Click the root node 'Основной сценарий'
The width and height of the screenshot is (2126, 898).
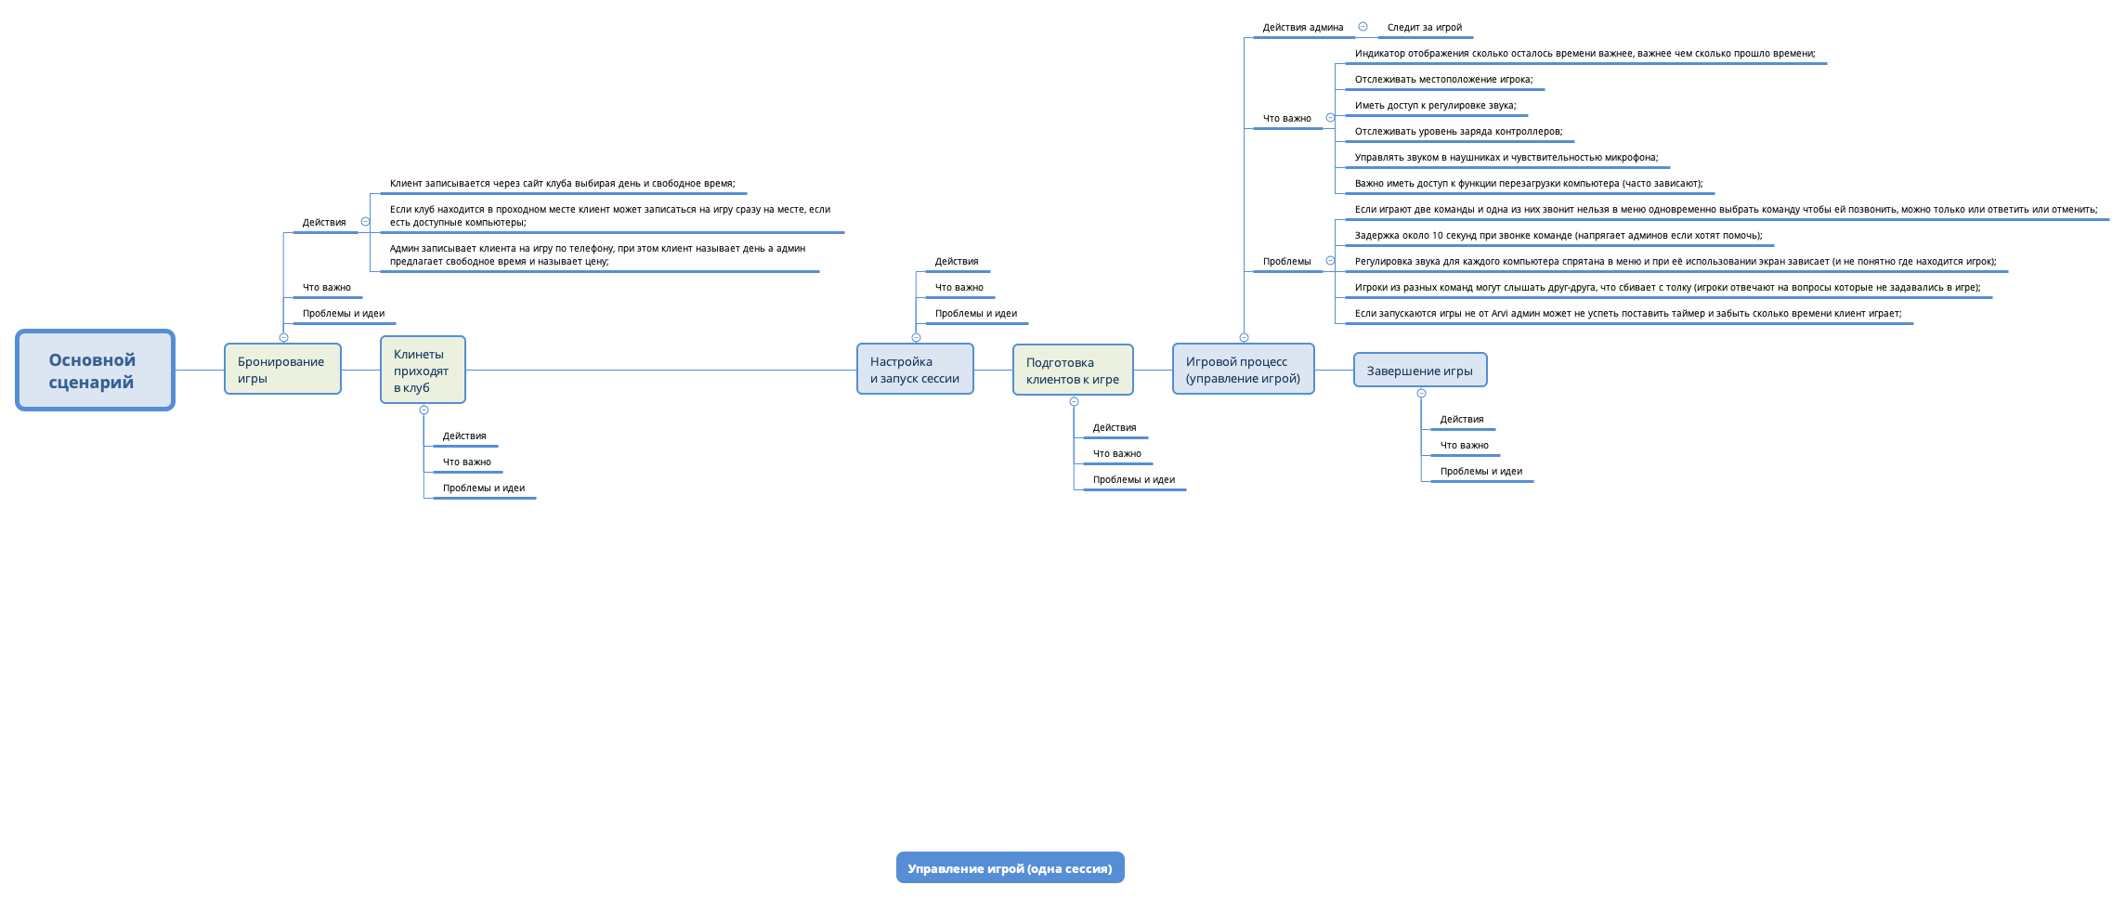[95, 371]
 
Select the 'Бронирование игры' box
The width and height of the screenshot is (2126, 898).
[282, 370]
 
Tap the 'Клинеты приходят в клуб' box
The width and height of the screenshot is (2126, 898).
[423, 371]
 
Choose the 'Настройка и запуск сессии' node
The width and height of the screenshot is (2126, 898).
[915, 370]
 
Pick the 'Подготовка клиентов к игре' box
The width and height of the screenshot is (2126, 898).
[1073, 371]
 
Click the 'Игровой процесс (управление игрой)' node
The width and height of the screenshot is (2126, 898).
[1243, 370]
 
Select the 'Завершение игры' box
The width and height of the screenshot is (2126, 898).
[1420, 371]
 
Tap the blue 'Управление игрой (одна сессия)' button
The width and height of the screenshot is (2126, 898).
[1010, 868]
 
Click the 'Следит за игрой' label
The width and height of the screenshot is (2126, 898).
[1424, 28]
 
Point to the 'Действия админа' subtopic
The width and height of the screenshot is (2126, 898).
[1302, 28]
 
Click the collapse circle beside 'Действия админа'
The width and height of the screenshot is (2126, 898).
[1363, 27]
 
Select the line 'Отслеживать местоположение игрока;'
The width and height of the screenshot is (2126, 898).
[1443, 80]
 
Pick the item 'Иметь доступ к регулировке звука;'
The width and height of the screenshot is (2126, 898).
[1435, 106]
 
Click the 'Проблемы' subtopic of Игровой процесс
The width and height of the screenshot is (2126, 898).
[1286, 262]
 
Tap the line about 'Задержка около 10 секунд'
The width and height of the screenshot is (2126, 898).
[1558, 236]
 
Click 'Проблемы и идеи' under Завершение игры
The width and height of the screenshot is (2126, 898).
[1480, 472]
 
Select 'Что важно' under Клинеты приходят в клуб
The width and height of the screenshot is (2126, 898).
[466, 462]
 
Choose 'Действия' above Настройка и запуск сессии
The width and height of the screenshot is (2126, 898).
[956, 262]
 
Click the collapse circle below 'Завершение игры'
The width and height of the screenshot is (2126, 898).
[1421, 394]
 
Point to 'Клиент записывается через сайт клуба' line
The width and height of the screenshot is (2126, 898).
[562, 184]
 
